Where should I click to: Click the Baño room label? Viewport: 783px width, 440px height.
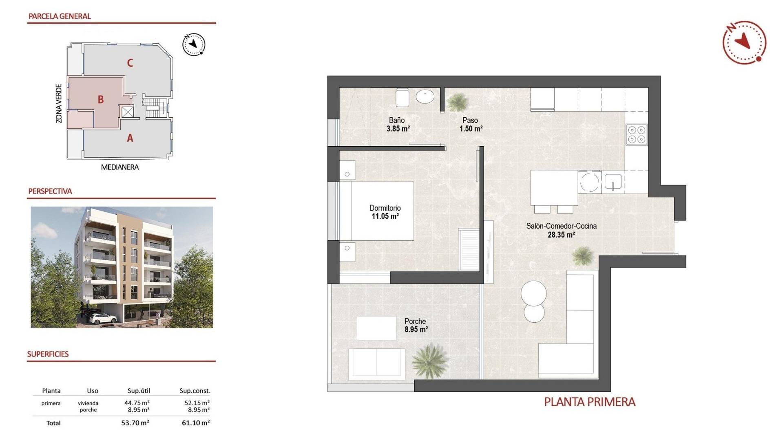tap(396, 120)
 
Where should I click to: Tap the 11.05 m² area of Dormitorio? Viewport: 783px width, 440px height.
tap(385, 216)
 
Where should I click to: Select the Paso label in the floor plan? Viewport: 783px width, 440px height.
tap(470, 120)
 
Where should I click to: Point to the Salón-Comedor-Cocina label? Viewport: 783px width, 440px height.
tap(561, 226)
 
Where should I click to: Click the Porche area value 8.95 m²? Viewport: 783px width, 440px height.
tap(416, 330)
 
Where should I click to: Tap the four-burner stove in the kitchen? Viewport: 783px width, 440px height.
tap(637, 134)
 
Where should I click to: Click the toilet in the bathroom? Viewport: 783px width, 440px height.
tap(402, 98)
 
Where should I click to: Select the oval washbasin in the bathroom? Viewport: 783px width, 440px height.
tap(425, 97)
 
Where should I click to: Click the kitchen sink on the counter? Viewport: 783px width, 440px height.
tap(613, 182)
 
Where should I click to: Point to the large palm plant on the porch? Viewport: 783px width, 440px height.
tap(430, 361)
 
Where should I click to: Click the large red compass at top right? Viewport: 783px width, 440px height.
tap(744, 42)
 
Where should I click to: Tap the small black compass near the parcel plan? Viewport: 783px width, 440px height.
tap(194, 44)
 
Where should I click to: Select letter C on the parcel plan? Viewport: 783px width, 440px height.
tap(130, 63)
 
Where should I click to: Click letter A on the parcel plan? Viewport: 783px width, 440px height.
tap(130, 138)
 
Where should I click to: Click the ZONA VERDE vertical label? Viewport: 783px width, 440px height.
tap(59, 103)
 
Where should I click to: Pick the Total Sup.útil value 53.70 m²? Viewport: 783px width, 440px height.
tap(135, 423)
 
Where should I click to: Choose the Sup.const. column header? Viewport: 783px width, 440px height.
tap(195, 391)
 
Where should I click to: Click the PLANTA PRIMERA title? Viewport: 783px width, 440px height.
tap(590, 402)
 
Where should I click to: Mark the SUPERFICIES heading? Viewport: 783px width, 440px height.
tap(48, 354)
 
